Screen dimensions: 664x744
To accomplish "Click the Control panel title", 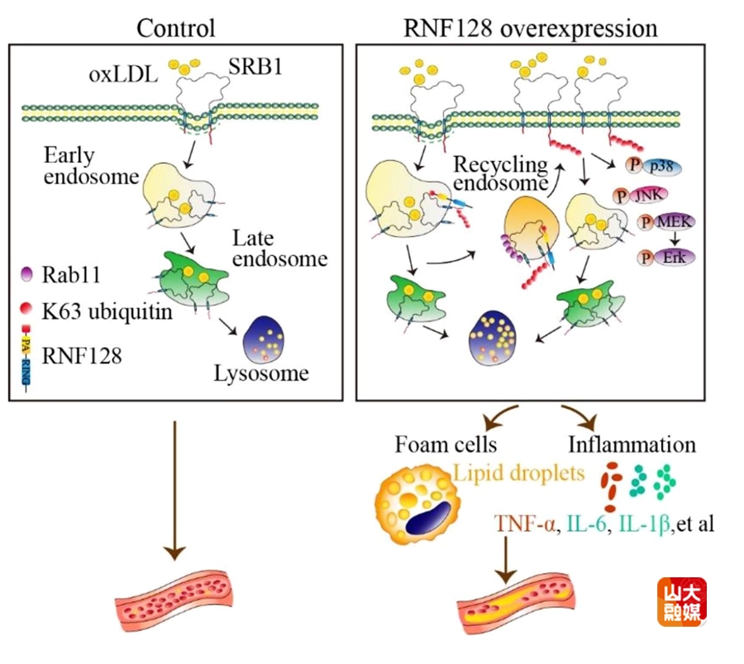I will (x=175, y=27).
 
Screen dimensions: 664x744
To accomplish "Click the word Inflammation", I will (x=632, y=444).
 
